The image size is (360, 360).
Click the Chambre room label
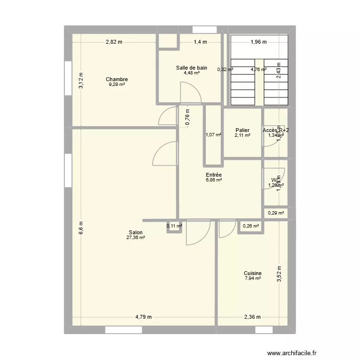point(117,79)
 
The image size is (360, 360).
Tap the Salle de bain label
point(192,68)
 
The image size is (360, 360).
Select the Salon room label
point(135,232)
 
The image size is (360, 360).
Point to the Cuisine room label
point(252,273)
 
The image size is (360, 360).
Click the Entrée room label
point(214,175)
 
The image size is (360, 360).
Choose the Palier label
point(242,130)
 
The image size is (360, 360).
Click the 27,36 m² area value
point(135,237)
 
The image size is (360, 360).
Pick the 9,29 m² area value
point(117,84)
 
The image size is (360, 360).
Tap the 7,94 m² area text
point(252,278)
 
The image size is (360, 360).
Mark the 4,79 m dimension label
point(143,317)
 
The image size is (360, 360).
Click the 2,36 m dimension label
point(252,317)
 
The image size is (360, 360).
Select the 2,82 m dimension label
point(114,42)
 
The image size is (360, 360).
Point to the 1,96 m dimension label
point(259,42)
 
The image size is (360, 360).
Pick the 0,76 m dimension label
point(188,116)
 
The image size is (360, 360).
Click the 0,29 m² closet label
point(276,213)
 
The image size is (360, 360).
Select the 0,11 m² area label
point(175,226)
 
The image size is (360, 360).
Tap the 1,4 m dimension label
point(200,42)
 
